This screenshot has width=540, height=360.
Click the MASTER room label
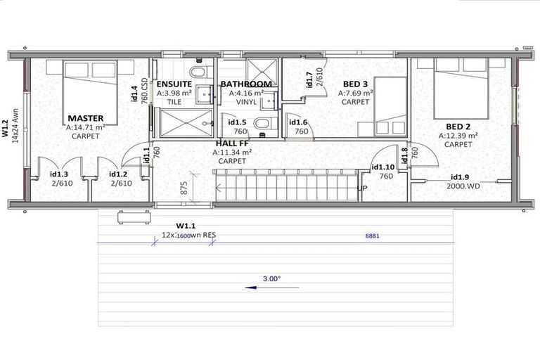(x=86, y=117)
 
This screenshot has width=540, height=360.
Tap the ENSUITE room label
(x=174, y=84)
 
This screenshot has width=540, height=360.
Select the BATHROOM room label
(x=245, y=84)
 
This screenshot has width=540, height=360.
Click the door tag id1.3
(x=58, y=174)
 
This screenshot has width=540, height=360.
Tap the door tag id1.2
(x=118, y=174)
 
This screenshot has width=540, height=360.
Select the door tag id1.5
(x=238, y=122)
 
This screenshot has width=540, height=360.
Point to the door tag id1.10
(x=382, y=167)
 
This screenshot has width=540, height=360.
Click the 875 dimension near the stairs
(x=184, y=188)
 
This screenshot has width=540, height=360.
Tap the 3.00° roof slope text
(x=271, y=278)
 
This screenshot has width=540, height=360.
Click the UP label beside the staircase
(x=362, y=188)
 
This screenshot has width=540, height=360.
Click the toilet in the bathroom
(x=261, y=124)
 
